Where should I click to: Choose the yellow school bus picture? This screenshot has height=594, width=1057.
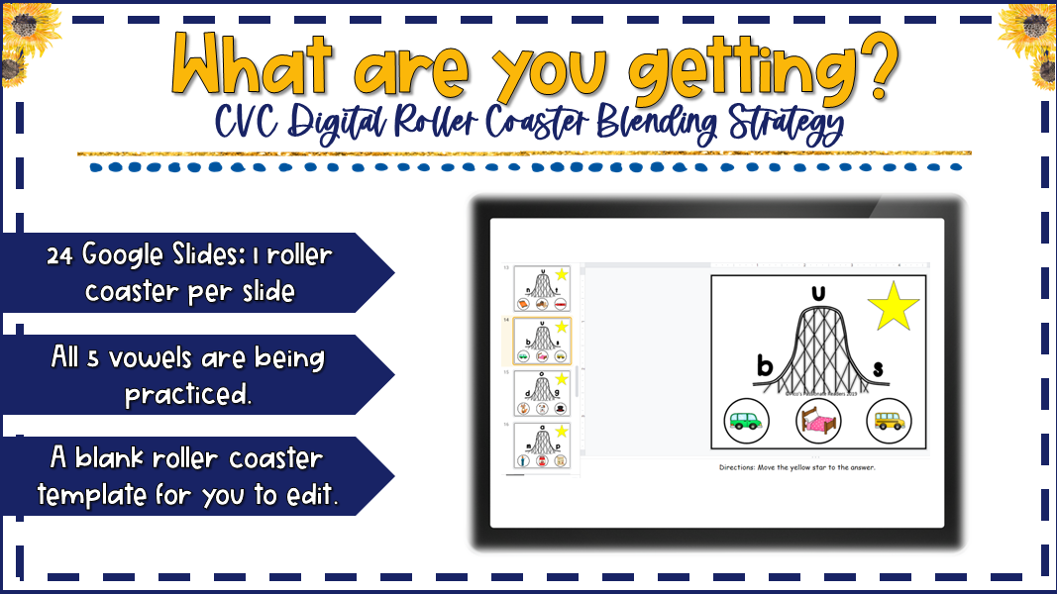coord(888,420)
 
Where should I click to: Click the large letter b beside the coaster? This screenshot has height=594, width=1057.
coord(764,367)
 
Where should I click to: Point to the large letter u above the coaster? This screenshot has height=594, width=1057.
coord(817,294)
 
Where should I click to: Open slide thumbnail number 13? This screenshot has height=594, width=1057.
coord(542,288)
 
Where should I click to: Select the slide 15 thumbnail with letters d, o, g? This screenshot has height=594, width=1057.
coord(542,392)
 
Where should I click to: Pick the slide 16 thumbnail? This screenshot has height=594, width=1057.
coord(542,445)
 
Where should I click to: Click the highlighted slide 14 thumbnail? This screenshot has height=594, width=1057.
coord(542,340)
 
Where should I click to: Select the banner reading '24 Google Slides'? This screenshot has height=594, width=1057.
coord(188,272)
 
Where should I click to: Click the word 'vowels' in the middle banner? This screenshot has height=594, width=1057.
coord(177,357)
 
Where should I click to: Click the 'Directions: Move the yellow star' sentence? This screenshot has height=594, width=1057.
coord(796,466)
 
